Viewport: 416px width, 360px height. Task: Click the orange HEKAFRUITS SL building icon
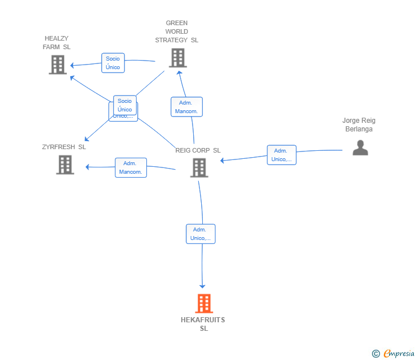tap(204, 303)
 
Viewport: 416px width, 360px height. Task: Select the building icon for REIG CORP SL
tap(199, 167)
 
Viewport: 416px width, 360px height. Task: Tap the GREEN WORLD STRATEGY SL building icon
tap(178, 58)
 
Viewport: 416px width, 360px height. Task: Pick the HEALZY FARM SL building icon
tap(58, 65)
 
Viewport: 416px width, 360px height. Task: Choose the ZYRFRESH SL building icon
tap(65, 165)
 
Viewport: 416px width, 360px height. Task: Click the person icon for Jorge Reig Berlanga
tap(360, 148)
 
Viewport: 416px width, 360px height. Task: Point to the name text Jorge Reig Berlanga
tap(359, 125)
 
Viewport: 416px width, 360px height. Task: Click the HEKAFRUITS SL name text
tap(203, 324)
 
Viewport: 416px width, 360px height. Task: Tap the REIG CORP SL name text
tap(198, 150)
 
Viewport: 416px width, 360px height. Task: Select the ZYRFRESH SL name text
tap(64, 147)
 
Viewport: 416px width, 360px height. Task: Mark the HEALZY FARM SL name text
tap(57, 42)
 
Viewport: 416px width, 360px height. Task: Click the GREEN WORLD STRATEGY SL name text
tap(177, 31)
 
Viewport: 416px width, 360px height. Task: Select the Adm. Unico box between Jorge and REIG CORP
tap(281, 155)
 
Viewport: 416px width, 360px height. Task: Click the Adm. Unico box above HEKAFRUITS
tap(201, 234)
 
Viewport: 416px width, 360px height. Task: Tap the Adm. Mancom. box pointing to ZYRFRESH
tap(131, 167)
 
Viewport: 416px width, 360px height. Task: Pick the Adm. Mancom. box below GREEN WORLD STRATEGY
tap(186, 107)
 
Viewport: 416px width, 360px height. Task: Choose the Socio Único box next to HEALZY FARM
tap(113, 63)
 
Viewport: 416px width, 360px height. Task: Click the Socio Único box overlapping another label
tap(125, 105)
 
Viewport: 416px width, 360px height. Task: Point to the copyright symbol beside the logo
tap(375, 354)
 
